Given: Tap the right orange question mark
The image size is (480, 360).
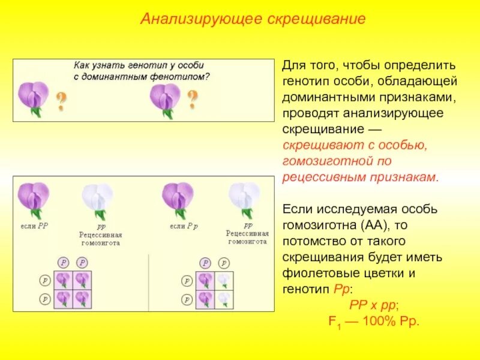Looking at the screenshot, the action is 193,99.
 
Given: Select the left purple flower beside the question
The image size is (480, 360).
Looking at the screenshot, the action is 34,98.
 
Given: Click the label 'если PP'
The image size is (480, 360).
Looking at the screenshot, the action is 34,226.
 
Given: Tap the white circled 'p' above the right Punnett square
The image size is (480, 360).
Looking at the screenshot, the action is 223,263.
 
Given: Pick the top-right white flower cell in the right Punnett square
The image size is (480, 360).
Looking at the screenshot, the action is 223,280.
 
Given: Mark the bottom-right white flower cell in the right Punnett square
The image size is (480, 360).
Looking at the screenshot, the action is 223,298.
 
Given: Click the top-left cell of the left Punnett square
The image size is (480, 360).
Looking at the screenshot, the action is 63,280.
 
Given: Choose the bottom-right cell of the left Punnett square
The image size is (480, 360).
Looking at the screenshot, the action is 81,298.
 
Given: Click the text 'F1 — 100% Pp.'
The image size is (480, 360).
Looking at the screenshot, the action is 373,320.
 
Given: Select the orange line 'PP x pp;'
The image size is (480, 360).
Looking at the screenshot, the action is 373,305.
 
